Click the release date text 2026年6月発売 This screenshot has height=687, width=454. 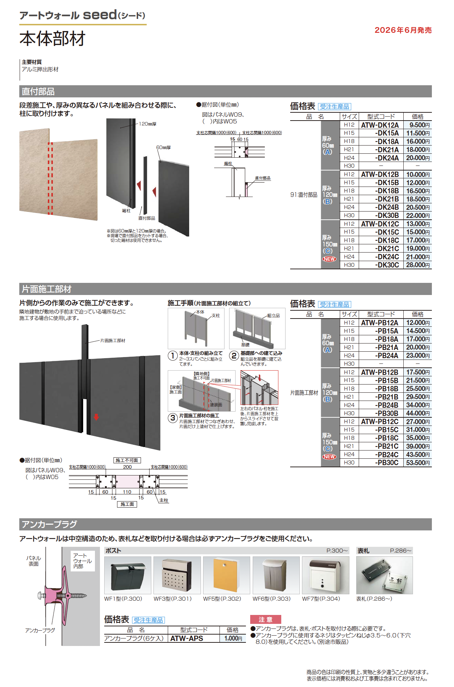tap(403, 30)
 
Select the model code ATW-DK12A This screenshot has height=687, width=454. tap(380, 125)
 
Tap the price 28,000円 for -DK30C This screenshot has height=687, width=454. tap(418, 265)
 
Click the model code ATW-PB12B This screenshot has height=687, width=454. tap(380, 372)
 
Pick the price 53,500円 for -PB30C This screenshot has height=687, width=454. tap(418, 463)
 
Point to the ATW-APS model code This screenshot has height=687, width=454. tap(187, 638)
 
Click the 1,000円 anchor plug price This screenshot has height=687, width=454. tap(233, 638)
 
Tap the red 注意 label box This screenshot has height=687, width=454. tap(266, 620)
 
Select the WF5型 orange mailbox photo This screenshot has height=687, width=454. tap(226, 575)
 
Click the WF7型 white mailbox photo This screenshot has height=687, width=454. tap(325, 575)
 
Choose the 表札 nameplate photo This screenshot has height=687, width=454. tap(384, 575)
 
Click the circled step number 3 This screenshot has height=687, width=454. tap(173, 418)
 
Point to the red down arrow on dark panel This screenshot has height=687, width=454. tap(96, 417)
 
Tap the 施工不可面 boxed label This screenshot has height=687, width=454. tap(127, 460)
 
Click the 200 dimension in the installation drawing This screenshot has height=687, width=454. tap(127, 467)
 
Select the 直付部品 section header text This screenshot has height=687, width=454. tap(38, 92)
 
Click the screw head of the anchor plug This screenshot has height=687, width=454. tap(40, 595)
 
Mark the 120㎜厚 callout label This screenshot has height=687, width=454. tap(147, 124)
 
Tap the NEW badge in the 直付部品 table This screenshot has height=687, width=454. tap(329, 259)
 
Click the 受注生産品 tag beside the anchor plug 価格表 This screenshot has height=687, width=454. tap(148, 620)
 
